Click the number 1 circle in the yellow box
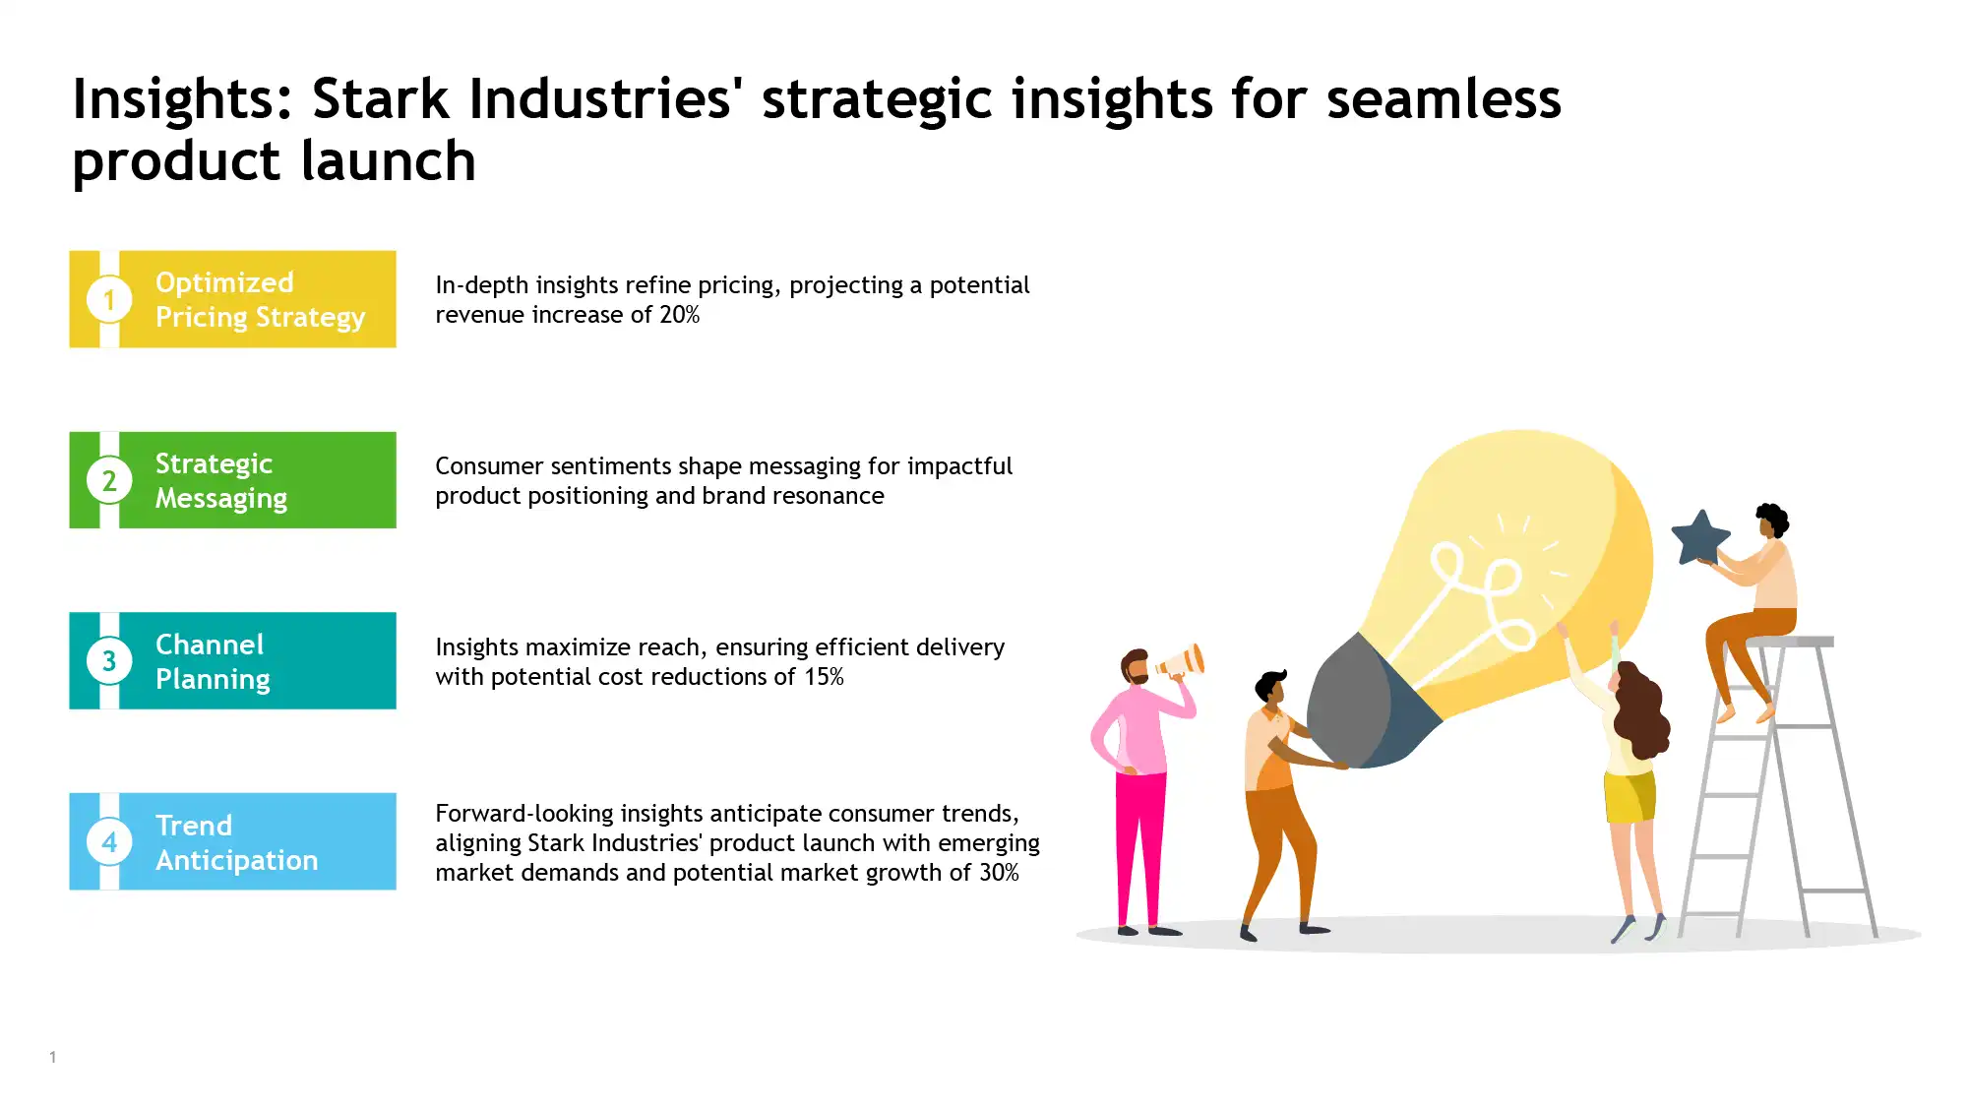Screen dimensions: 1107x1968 (109, 299)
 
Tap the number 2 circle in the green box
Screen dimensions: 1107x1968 (109, 480)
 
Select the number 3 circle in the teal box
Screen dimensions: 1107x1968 (109, 661)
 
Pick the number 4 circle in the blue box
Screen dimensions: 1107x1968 (109, 842)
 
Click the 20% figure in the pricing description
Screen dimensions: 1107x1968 (679, 315)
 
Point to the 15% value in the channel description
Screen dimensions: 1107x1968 (824, 677)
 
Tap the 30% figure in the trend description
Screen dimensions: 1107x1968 (999, 873)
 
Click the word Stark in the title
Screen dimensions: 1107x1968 (380, 99)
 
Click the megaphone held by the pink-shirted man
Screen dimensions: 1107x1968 (1182, 661)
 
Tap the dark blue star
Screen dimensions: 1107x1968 (1700, 538)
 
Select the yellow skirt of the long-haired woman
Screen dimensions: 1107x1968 (1630, 797)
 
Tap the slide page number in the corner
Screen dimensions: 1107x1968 (53, 1058)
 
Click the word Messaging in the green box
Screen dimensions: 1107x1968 (221, 499)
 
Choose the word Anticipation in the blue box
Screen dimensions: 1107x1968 (237, 861)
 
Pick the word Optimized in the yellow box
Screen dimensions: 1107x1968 (224, 282)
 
